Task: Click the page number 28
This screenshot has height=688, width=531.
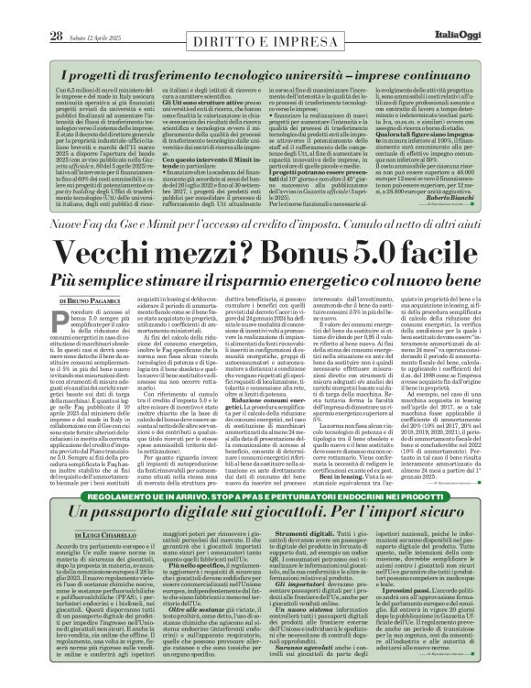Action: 30,10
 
